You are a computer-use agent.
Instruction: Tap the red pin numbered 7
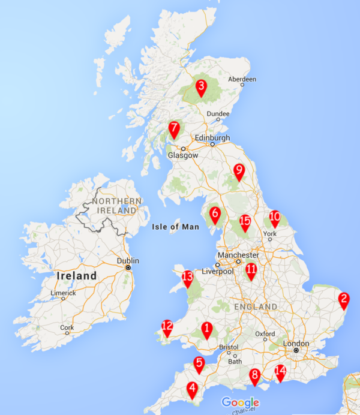coord(174,129)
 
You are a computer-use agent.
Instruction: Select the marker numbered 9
coord(239,172)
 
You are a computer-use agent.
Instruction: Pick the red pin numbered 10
coord(275,218)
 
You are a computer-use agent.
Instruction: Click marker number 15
coord(245,222)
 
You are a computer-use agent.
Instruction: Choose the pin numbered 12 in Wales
coord(167,327)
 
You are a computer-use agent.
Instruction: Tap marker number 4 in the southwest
coord(192,389)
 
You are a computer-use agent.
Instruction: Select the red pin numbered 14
coord(280,372)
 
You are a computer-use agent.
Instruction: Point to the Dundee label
coord(218,114)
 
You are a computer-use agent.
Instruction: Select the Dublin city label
coord(128,261)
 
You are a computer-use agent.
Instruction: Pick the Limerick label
coord(63,293)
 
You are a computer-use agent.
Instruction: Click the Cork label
coord(67,327)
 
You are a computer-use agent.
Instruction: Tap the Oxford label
coord(265,333)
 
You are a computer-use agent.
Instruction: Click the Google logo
coord(240,402)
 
